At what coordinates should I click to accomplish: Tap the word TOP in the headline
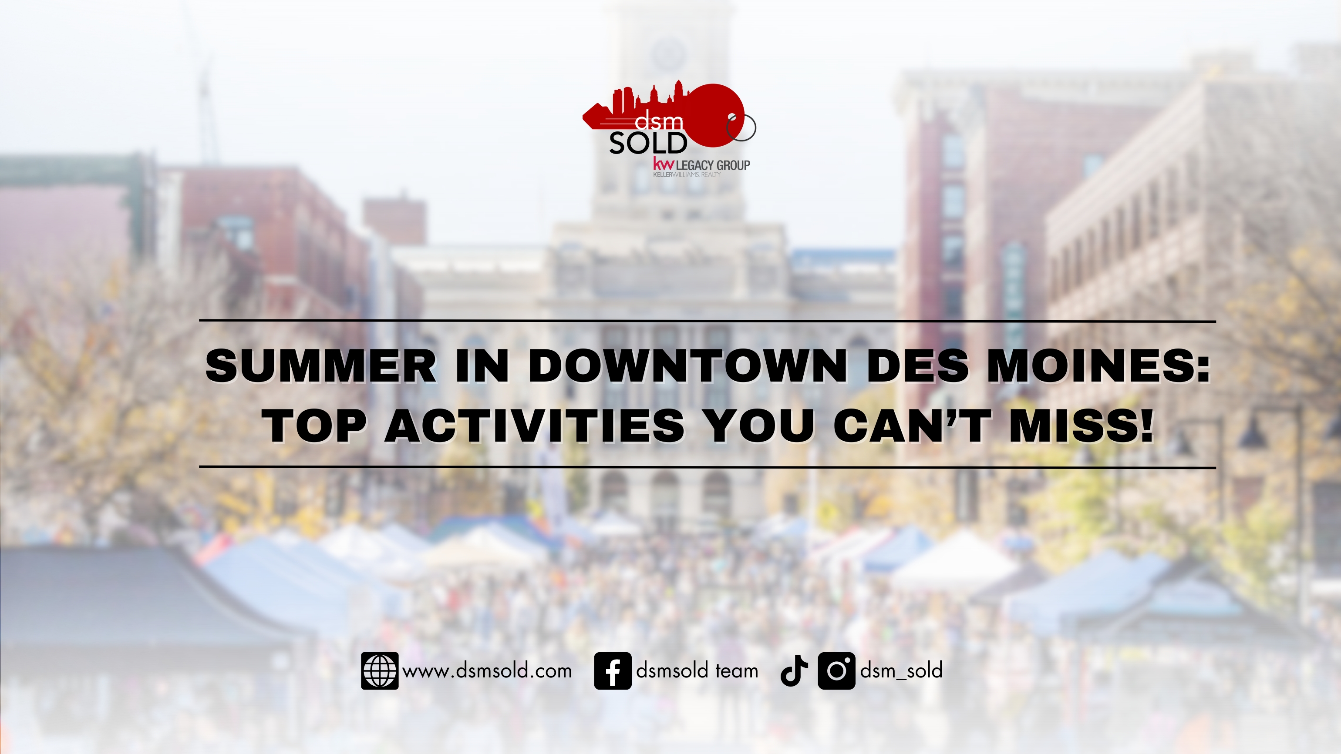pos(314,426)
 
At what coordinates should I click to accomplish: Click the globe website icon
pos(380,671)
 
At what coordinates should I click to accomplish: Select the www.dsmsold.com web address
pos(487,671)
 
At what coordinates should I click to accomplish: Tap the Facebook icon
pos(613,671)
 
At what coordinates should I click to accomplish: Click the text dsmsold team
pos(697,671)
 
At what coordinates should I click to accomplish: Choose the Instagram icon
pos(836,671)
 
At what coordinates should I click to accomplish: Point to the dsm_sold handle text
pos(901,671)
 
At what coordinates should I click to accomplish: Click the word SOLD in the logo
pos(648,144)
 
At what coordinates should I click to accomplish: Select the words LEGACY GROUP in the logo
pos(713,165)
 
